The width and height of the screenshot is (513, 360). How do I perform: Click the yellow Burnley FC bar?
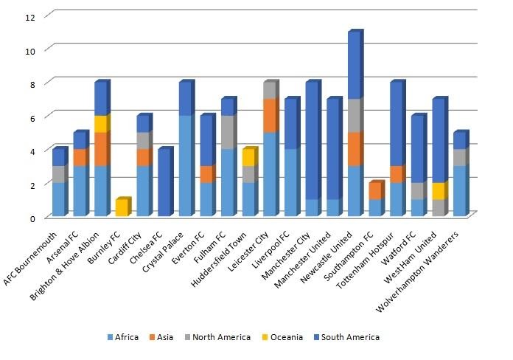click(122, 207)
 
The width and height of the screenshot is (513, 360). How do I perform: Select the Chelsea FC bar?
click(164, 183)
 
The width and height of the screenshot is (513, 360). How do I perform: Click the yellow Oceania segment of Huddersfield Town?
click(249, 158)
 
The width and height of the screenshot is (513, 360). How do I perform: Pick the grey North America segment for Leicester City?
click(271, 90)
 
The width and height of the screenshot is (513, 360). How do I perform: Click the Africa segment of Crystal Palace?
click(186, 166)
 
